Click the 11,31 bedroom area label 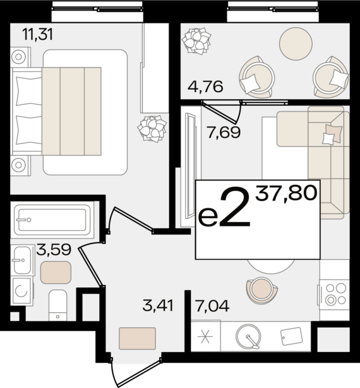click(x=37, y=35)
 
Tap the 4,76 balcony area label click(x=205, y=86)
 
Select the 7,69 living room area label click(x=224, y=132)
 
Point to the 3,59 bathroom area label click(x=54, y=249)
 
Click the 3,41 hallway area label click(x=158, y=305)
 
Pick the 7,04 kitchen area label click(x=212, y=305)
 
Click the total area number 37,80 click(x=286, y=193)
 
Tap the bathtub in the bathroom click(x=52, y=220)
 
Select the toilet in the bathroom click(x=57, y=305)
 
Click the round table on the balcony click(x=296, y=44)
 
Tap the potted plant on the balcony click(x=196, y=41)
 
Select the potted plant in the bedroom click(x=152, y=129)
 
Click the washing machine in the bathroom click(x=21, y=291)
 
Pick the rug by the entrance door click(x=137, y=339)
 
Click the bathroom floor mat click(x=56, y=273)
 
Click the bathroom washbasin click(x=22, y=260)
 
